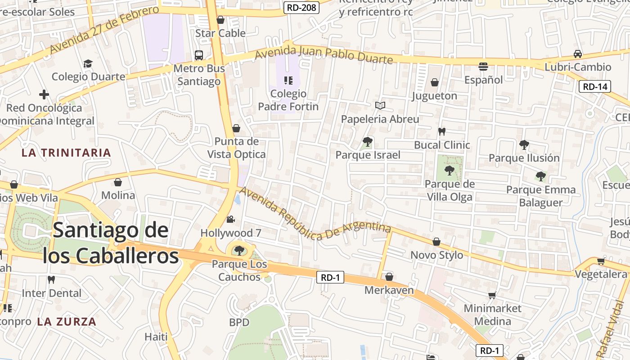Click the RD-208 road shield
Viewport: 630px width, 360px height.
(x=302, y=7)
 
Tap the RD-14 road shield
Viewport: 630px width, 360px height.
(x=594, y=87)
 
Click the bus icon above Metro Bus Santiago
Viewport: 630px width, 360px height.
(x=198, y=55)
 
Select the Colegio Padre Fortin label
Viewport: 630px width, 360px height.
(x=288, y=100)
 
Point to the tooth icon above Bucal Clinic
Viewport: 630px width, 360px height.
(x=441, y=132)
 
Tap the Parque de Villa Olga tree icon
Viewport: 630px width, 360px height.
(x=449, y=171)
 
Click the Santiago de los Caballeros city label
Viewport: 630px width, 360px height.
(x=111, y=243)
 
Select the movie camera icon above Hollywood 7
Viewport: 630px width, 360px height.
(x=230, y=220)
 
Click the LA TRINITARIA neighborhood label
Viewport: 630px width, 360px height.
(x=66, y=153)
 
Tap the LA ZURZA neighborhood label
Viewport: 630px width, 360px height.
(x=67, y=322)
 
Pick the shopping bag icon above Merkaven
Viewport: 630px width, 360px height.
(x=389, y=277)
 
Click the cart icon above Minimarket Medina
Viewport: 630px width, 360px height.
(x=492, y=296)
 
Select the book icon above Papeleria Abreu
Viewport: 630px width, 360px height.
(x=380, y=105)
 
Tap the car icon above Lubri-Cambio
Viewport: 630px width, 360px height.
(x=578, y=54)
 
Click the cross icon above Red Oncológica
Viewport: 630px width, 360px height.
(x=44, y=94)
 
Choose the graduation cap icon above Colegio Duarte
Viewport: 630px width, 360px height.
(x=88, y=63)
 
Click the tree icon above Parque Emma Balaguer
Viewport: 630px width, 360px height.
(x=540, y=176)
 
